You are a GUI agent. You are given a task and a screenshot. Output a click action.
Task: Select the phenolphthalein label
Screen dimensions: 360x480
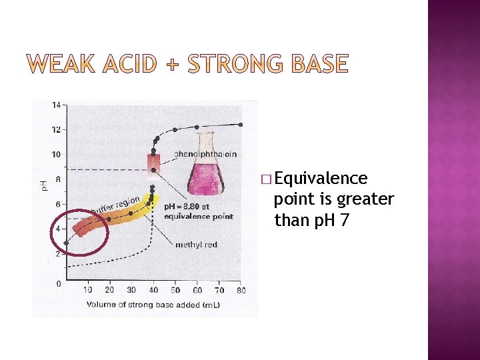pyautogui.click(x=205, y=154)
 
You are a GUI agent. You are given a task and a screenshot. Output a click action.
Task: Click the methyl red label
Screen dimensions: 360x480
pyautogui.click(x=196, y=245)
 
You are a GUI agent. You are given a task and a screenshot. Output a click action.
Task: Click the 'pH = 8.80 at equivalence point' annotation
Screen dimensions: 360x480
pyautogui.click(x=198, y=211)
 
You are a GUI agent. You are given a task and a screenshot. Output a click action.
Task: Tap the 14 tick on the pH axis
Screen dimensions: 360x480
pyautogui.click(x=57, y=105)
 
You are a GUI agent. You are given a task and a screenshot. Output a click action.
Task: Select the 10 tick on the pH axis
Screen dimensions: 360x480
pyautogui.click(x=57, y=154)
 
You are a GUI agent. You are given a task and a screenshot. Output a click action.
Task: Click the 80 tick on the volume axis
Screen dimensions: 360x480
pyautogui.click(x=240, y=290)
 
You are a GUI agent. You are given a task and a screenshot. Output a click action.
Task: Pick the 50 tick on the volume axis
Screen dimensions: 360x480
pyautogui.click(x=175, y=290)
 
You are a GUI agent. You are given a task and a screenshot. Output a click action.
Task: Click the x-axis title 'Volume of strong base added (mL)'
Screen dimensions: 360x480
pyautogui.click(x=153, y=305)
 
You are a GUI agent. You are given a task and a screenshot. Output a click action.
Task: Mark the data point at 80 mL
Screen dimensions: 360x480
pyautogui.click(x=241, y=124)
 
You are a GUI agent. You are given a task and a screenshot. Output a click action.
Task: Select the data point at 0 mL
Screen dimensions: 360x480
pyautogui.click(x=66, y=243)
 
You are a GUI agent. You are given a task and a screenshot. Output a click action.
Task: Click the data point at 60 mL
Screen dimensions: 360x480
pyautogui.click(x=197, y=126)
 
